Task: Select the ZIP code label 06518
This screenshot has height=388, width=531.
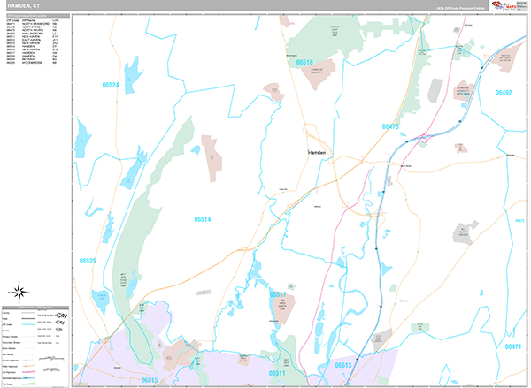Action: (304, 63)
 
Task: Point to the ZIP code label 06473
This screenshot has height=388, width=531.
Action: (391, 127)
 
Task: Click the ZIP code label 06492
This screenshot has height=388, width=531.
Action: (504, 92)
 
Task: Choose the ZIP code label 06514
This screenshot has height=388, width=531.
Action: (204, 218)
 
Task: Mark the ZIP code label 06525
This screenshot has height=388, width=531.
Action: (87, 261)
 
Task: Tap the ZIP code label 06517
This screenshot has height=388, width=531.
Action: (278, 294)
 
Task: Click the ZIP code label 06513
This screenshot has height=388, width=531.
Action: (343, 364)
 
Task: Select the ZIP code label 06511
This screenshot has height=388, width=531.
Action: (277, 373)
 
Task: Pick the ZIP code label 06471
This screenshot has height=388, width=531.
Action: (512, 348)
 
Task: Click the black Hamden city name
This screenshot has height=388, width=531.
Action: (317, 153)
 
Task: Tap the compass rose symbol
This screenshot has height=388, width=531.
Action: (19, 292)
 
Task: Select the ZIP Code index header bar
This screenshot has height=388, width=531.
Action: (36, 15)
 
